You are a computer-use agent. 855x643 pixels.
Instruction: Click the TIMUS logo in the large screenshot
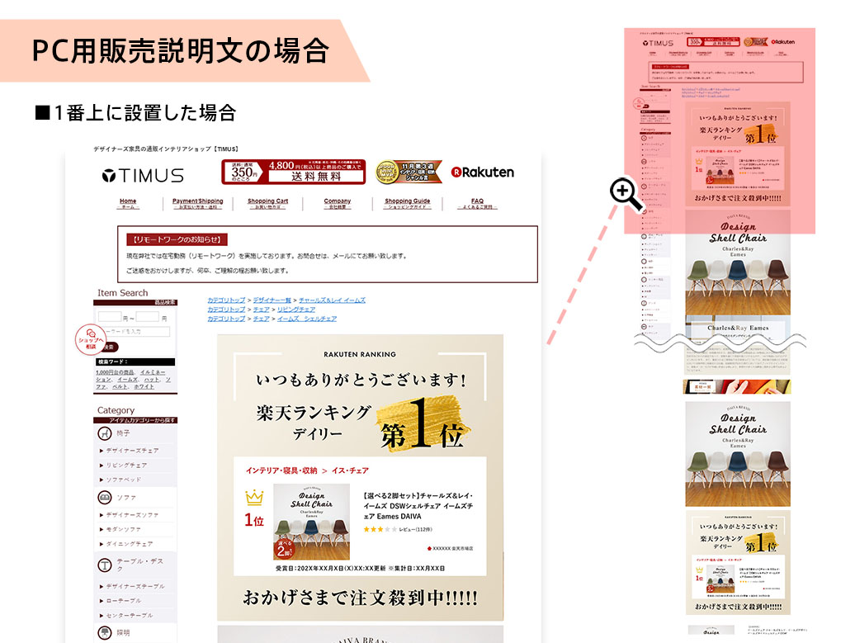[x=143, y=175]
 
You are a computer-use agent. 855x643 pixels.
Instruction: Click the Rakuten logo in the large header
[x=483, y=173]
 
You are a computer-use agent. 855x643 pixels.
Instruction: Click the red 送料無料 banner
[x=293, y=172]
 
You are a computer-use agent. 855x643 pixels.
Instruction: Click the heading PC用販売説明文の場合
[x=180, y=51]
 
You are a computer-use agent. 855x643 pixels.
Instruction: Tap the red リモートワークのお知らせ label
[x=177, y=239]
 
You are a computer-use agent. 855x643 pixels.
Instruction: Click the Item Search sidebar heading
[x=123, y=293]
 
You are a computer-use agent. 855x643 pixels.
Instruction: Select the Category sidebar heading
[x=116, y=410]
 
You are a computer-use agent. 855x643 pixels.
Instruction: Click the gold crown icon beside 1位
[x=253, y=499]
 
